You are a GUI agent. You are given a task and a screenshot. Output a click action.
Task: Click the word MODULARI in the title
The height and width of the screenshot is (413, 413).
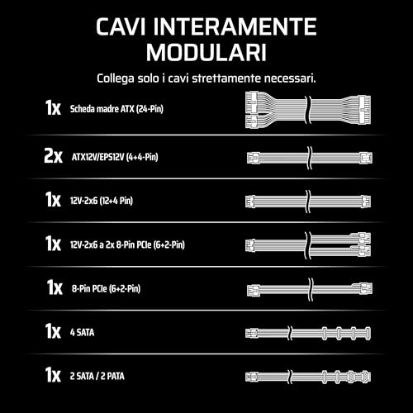[x=206, y=52]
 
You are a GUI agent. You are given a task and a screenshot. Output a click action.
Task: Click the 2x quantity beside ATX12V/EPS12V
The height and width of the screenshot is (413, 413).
[x=53, y=156]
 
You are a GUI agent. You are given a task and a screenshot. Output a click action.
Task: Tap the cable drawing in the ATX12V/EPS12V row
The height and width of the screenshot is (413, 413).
[x=306, y=156]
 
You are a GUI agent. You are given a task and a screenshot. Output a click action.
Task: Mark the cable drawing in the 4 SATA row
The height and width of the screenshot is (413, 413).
[x=306, y=332]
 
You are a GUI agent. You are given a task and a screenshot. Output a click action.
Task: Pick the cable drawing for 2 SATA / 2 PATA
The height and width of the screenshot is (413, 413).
[x=306, y=375]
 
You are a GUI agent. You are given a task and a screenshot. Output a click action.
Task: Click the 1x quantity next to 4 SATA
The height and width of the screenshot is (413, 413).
[x=54, y=331]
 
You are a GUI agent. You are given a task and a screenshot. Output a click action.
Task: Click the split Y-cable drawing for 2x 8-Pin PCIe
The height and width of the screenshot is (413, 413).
[x=306, y=244]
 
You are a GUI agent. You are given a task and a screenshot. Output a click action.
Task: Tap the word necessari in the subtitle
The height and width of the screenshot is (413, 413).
[x=290, y=78]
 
